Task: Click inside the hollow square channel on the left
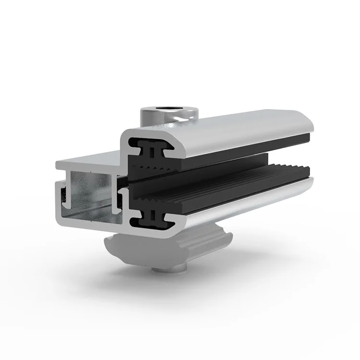tap(91, 192)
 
